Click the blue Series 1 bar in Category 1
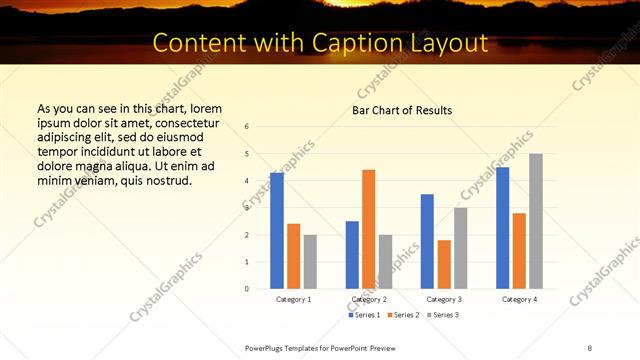pyautogui.click(x=277, y=230)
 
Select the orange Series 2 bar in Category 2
pyautogui.click(x=368, y=229)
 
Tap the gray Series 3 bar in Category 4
pyautogui.click(x=536, y=221)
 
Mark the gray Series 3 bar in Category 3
pyautogui.click(x=460, y=248)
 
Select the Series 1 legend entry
pyautogui.click(x=365, y=315)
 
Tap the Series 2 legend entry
pyautogui.click(x=402, y=315)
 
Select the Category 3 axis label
pyautogui.click(x=443, y=299)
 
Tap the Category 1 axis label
pyautogui.click(x=293, y=299)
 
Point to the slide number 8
pyautogui.click(x=590, y=348)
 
